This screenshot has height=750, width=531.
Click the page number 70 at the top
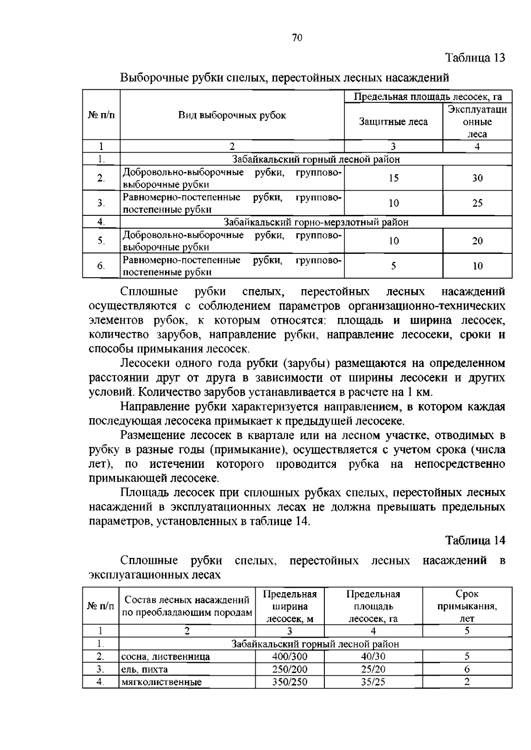297,38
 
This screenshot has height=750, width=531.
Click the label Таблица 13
475,58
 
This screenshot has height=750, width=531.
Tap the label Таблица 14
475,540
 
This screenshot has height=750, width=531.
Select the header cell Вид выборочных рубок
232,115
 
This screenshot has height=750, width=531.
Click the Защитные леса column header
393,122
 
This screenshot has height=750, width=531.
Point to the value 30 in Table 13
477,178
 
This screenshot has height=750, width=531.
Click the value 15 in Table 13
393,178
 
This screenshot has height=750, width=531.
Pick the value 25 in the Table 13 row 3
477,203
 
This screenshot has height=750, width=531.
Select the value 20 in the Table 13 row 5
477,241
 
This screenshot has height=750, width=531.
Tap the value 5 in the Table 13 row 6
393,266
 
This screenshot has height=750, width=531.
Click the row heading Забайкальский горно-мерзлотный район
316,222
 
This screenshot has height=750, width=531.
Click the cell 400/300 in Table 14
289,657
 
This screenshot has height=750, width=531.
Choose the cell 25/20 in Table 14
373,670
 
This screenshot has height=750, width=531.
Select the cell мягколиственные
162,682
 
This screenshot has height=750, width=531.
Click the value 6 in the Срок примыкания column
467,670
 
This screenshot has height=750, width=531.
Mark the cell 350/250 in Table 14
289,682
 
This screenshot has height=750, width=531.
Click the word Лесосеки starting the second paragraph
145,364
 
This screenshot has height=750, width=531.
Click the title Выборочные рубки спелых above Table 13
285,78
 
